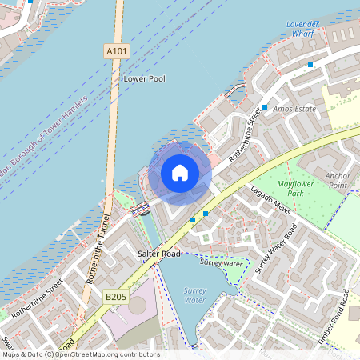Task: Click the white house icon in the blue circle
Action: (180, 173)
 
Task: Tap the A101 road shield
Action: (116, 51)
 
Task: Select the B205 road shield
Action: (116, 297)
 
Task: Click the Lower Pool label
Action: (143, 79)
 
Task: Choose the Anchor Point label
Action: (337, 179)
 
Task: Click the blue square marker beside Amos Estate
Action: (265, 107)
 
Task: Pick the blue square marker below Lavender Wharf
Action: (310, 64)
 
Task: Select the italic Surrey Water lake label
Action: (195, 295)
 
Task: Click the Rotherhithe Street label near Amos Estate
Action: (245, 136)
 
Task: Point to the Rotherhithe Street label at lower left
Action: (38, 295)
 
